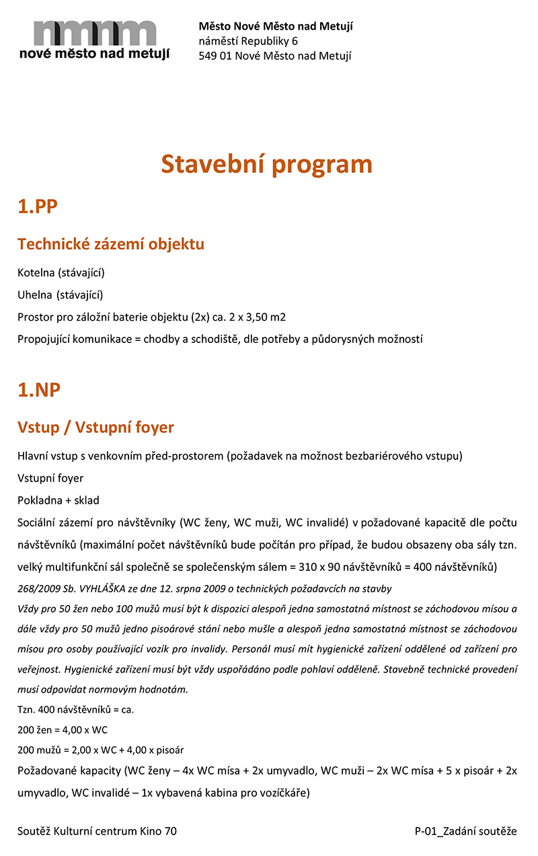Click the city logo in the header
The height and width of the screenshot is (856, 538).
[94, 40]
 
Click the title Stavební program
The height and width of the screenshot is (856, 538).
[266, 164]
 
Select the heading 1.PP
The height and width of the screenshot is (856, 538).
[38, 206]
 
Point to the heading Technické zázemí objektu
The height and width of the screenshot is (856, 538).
[111, 244]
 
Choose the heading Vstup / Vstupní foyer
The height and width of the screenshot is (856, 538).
[95, 427]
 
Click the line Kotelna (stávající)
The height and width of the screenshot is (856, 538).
[61, 272]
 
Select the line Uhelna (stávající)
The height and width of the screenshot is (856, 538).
[61, 295]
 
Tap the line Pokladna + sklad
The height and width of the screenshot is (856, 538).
[59, 500]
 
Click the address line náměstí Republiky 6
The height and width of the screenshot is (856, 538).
[248, 41]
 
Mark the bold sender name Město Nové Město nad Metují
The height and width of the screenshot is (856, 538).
[276, 26]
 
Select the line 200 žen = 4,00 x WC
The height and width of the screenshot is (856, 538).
[63, 730]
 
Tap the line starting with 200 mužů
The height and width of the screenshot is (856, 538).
[101, 750]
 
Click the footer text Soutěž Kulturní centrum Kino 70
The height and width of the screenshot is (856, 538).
[98, 831]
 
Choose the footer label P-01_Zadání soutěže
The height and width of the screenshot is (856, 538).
[465, 831]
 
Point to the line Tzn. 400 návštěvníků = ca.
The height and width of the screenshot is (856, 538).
[76, 709]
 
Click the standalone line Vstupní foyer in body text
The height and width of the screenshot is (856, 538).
[50, 478]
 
